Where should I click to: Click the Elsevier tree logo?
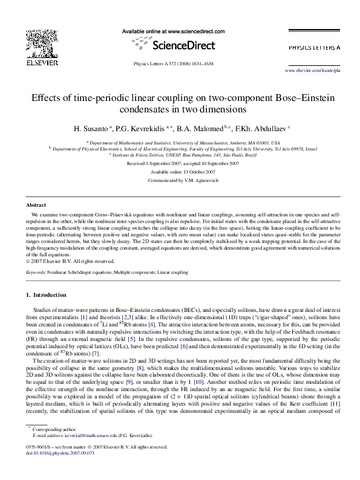coord(42,42)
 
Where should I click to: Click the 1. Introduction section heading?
coord(46,295)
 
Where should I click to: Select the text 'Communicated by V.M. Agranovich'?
coord(180,180)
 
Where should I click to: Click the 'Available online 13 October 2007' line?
coord(180,172)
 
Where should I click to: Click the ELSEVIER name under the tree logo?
coord(42,62)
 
